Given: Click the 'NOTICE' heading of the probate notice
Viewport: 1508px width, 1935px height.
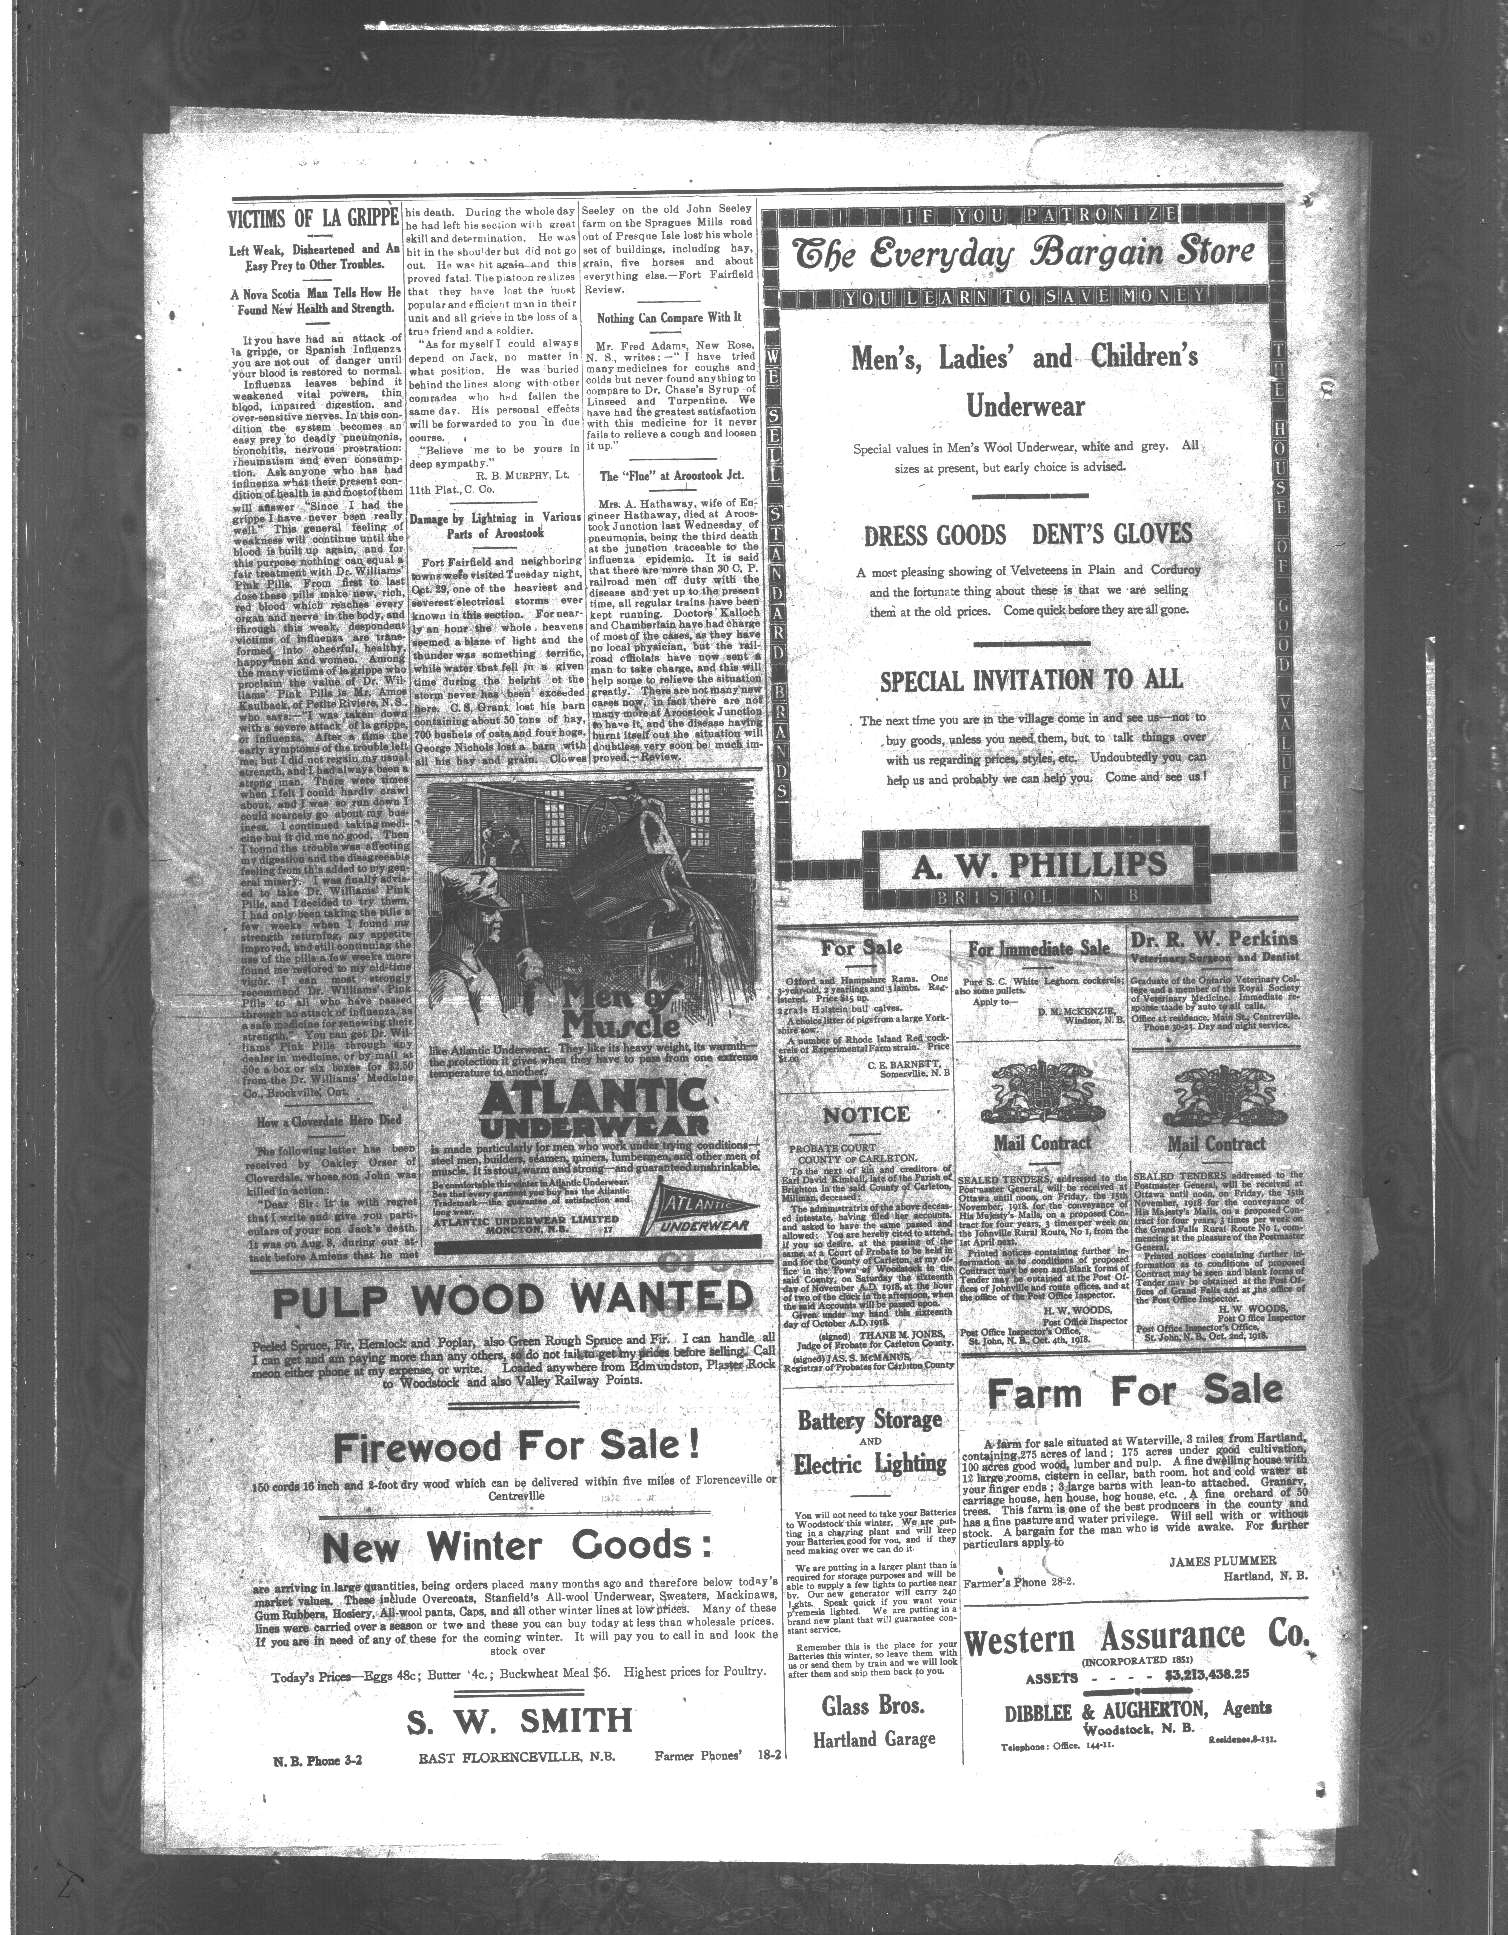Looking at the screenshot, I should [866, 1115].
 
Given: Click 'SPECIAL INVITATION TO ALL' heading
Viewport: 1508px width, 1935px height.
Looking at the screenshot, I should [1031, 680].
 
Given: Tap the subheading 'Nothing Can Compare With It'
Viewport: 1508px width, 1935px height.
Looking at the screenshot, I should [669, 317].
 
